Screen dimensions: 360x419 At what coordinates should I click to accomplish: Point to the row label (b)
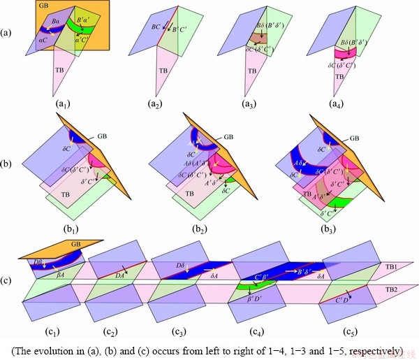[6, 165]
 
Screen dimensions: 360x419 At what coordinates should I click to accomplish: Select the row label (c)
[6, 282]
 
